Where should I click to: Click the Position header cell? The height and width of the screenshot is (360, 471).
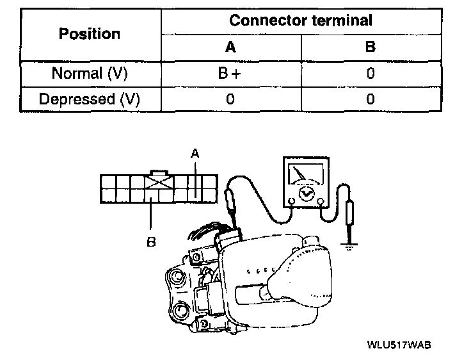(x=89, y=33)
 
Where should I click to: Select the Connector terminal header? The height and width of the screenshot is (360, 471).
(x=300, y=20)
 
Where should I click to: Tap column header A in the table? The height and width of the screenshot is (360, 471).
(x=230, y=47)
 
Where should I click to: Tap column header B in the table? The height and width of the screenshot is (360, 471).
(x=370, y=47)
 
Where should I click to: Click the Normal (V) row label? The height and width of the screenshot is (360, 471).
(x=89, y=73)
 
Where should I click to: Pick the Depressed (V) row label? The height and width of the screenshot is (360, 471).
(x=89, y=99)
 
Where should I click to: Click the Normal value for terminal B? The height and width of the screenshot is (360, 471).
(x=370, y=73)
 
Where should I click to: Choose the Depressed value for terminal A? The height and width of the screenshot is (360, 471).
(x=230, y=99)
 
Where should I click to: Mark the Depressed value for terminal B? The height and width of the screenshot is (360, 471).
(x=370, y=99)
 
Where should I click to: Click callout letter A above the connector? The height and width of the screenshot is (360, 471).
(x=195, y=152)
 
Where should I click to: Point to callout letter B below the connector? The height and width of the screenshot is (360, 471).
(x=151, y=242)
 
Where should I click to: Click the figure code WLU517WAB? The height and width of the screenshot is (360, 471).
(x=398, y=344)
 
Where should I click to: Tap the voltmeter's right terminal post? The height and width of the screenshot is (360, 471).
(x=319, y=201)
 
